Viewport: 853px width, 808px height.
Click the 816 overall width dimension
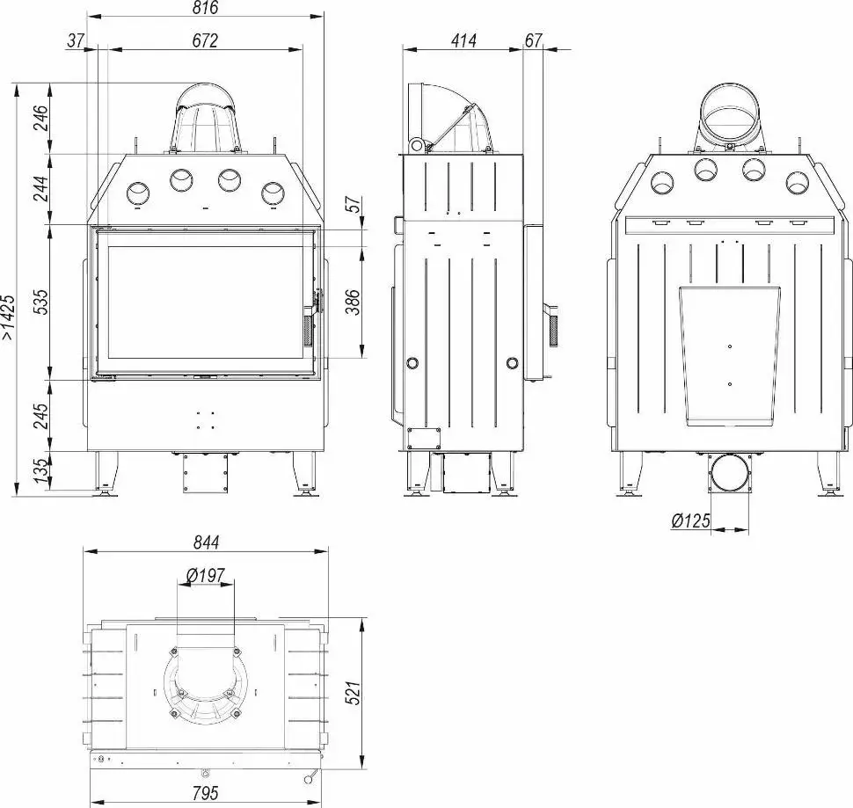204,8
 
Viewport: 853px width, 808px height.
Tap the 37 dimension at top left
77,40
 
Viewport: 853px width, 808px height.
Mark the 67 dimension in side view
533,40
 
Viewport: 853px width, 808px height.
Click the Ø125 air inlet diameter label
690,520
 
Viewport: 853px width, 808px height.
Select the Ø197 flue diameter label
206,576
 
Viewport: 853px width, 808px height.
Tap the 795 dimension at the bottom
204,793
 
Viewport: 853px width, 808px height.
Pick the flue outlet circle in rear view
732,112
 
